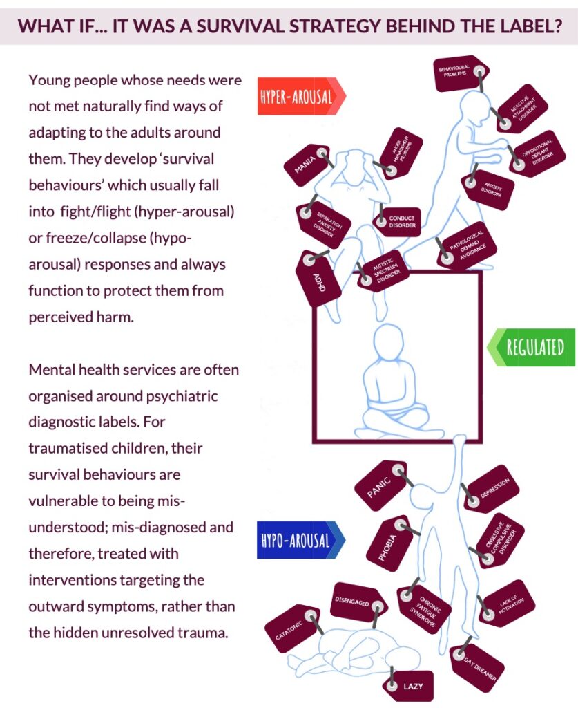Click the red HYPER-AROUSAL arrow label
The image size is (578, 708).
point(301,96)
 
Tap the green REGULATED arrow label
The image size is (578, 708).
point(532,347)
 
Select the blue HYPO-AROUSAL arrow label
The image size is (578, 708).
point(300,540)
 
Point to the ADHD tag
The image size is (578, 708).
point(318,278)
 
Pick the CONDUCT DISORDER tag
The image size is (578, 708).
point(398,221)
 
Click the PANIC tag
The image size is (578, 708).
point(381,485)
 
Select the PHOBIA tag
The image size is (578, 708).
point(389,543)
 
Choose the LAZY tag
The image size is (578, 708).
point(409,686)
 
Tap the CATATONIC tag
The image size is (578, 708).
point(293,628)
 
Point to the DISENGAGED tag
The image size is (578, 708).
point(358,602)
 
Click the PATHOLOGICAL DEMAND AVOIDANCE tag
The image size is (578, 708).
point(467,246)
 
